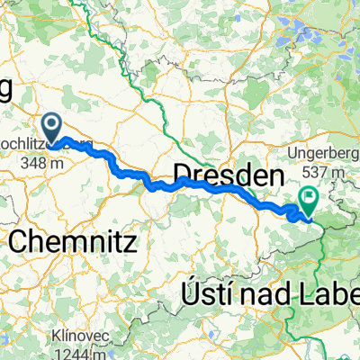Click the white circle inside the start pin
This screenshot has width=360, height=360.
click(x=54, y=125)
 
